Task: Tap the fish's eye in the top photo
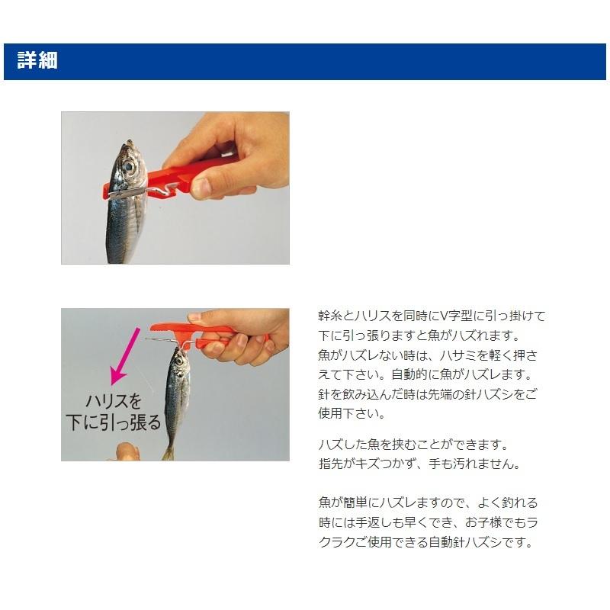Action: (x=130, y=165)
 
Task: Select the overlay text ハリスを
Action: (x=113, y=401)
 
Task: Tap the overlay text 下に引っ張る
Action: (x=113, y=422)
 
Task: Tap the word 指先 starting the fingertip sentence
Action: (x=329, y=464)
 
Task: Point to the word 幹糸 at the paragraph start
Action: (x=329, y=316)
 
